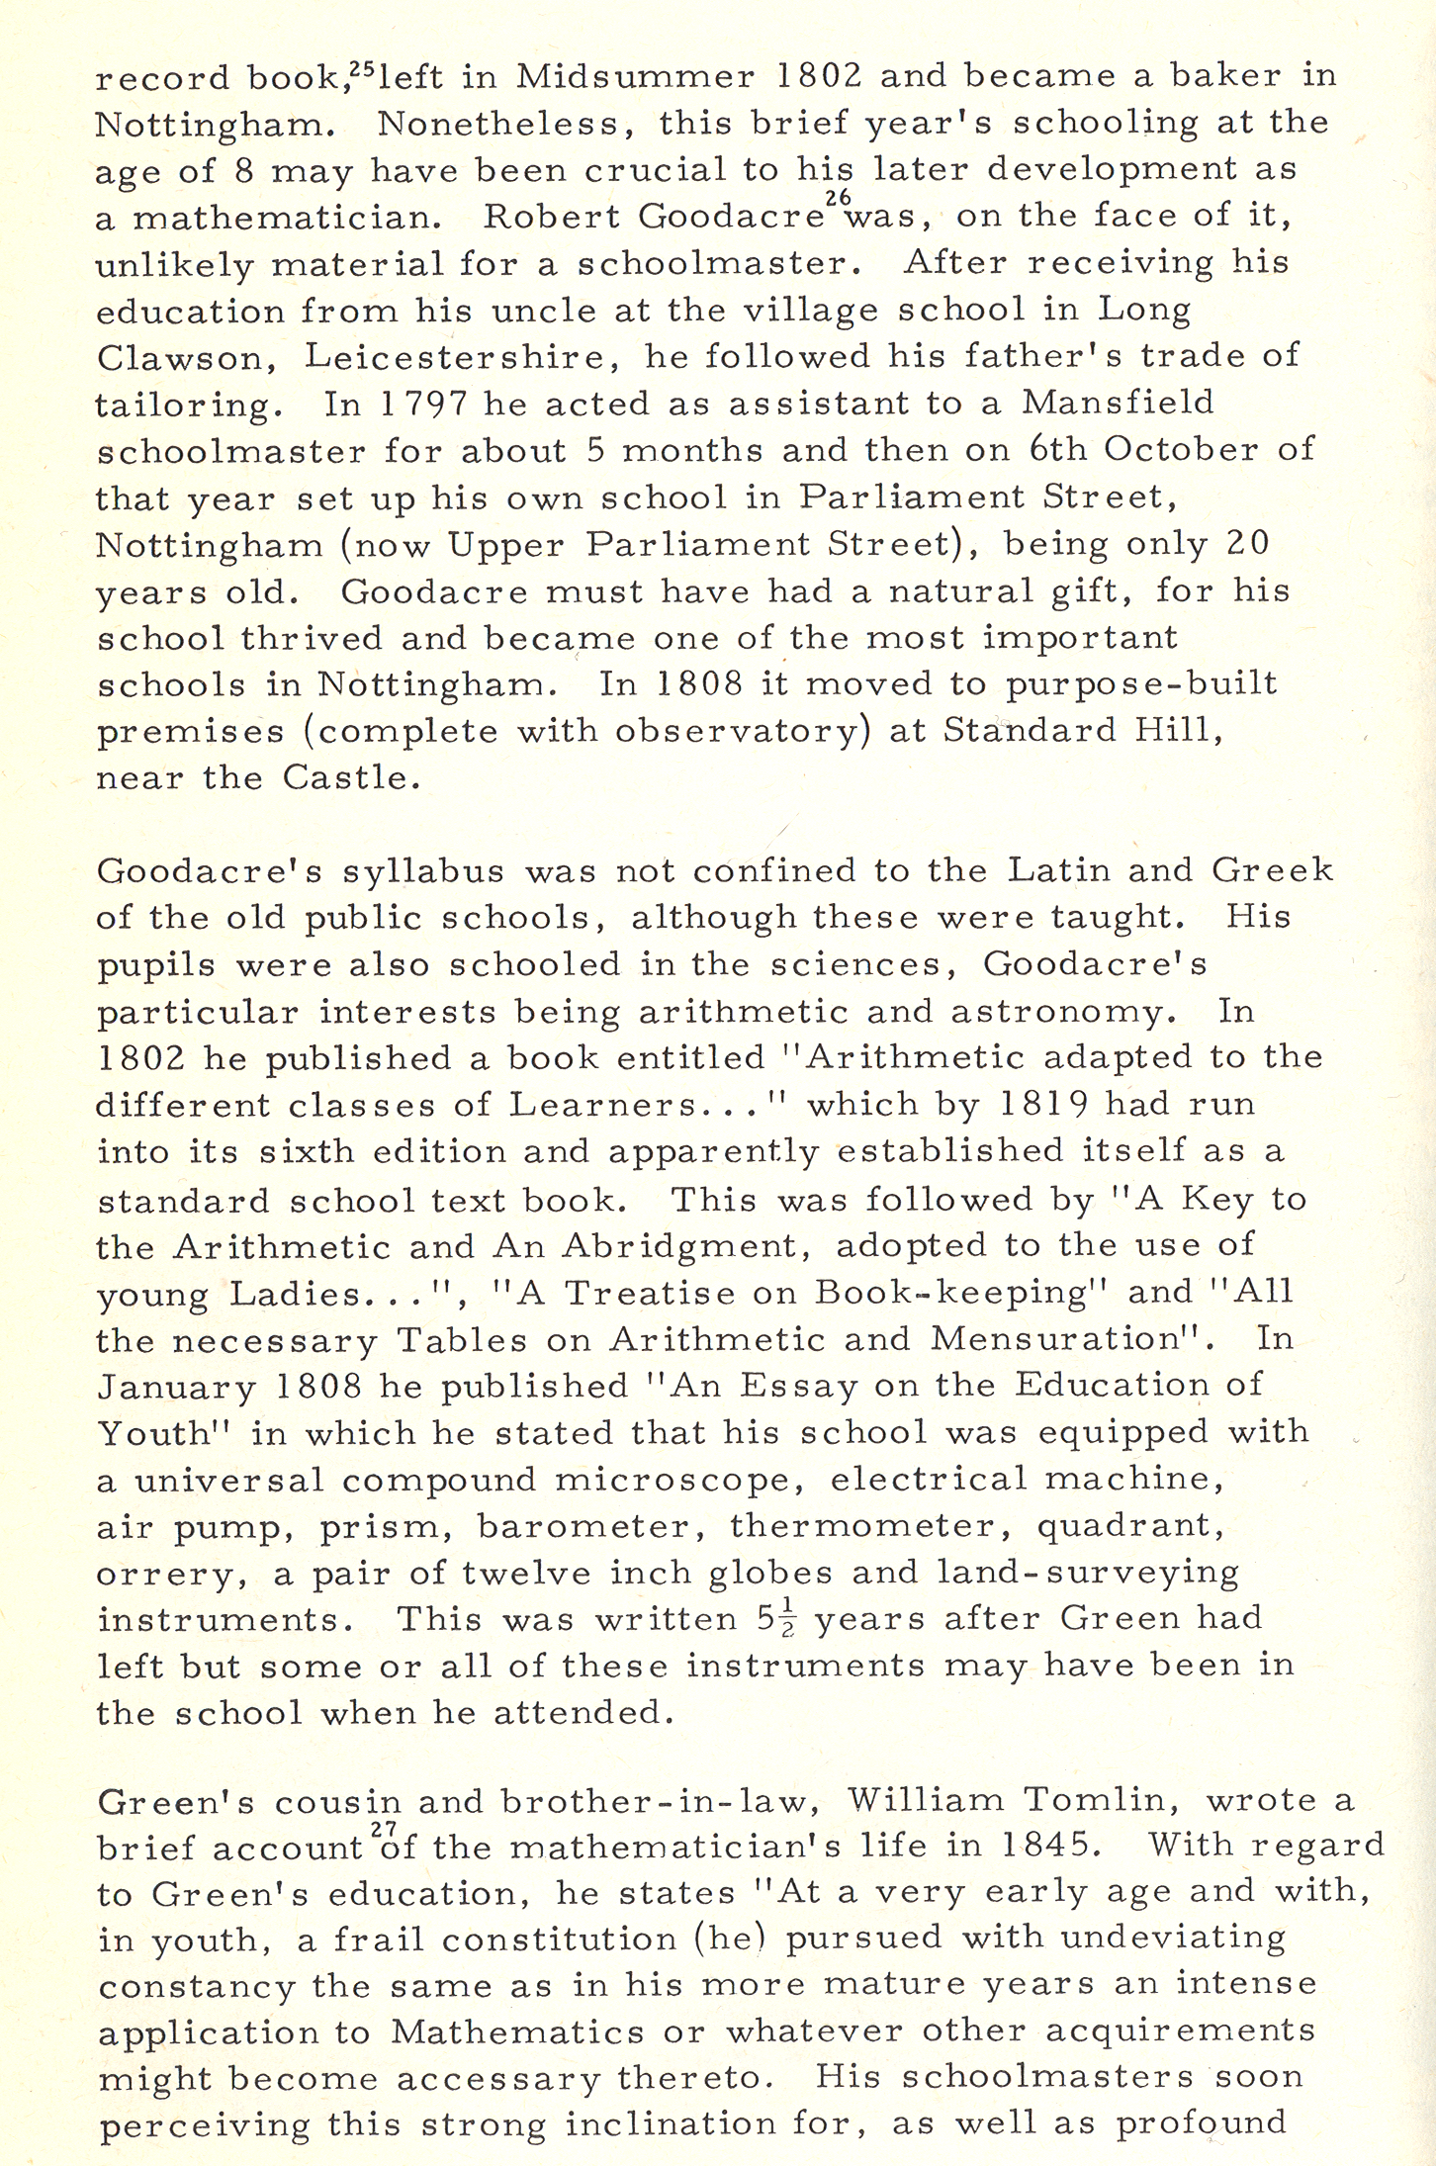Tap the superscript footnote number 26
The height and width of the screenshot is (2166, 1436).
pos(838,198)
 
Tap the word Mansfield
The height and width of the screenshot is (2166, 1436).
pos(1118,404)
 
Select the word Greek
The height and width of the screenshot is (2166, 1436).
pos(1272,870)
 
